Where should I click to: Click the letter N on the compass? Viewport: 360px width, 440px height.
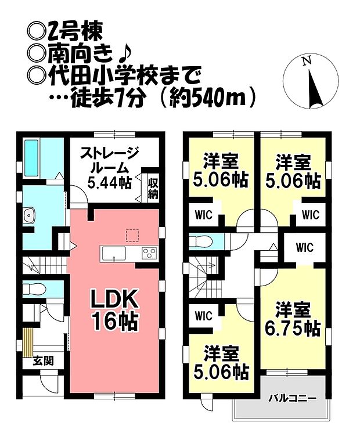point(308,60)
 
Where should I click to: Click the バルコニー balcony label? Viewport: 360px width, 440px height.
point(292,398)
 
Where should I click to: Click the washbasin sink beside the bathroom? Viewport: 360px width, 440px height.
point(30,217)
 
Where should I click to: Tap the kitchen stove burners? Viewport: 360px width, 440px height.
point(149,253)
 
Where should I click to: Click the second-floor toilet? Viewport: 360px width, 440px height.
point(200,240)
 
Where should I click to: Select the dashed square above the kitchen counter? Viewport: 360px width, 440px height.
point(133,235)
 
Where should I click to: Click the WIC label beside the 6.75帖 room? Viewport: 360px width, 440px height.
point(304,248)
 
